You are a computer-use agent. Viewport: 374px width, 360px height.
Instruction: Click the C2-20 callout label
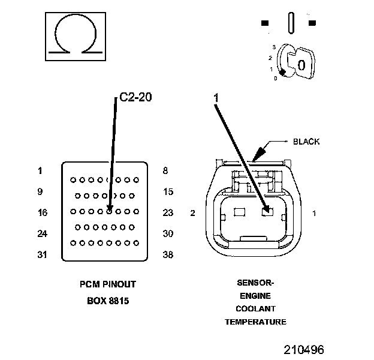pyautogui.click(x=135, y=97)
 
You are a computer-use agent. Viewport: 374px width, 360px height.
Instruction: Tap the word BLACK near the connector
pyautogui.click(x=306, y=142)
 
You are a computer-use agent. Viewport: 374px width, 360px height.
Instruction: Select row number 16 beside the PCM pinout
pyautogui.click(x=42, y=212)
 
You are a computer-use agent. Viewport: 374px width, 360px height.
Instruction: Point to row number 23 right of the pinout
pyautogui.click(x=168, y=212)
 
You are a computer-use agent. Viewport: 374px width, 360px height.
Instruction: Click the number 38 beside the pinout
pyautogui.click(x=168, y=254)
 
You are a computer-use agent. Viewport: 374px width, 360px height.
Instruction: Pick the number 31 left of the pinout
pyautogui.click(x=42, y=254)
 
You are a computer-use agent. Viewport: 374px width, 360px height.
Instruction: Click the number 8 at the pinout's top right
pyautogui.click(x=165, y=170)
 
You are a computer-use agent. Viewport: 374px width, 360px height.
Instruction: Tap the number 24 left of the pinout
pyautogui.click(x=42, y=233)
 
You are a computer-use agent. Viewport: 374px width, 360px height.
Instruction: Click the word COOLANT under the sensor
pyautogui.click(x=255, y=309)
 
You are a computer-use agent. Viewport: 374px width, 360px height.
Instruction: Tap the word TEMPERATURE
pyautogui.click(x=255, y=322)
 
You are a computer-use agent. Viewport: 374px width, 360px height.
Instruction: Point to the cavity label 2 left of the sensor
pyautogui.click(x=193, y=213)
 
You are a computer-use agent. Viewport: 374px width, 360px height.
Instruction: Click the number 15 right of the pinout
pyautogui.click(x=168, y=192)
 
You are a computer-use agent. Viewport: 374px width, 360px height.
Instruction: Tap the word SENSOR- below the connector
pyautogui.click(x=255, y=283)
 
